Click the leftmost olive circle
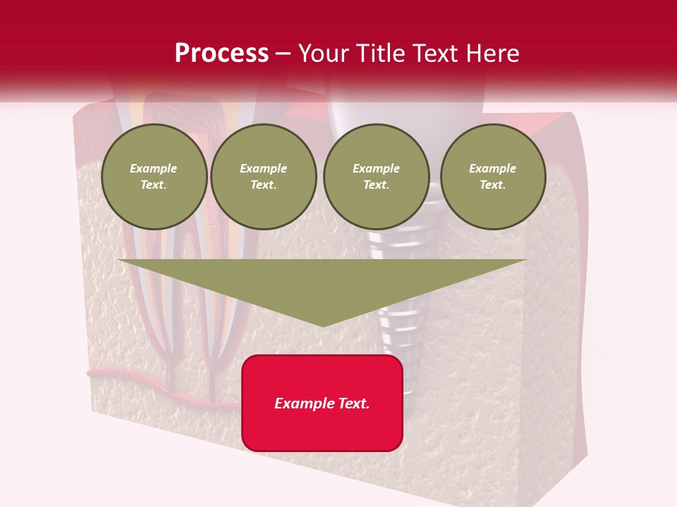tap(154, 177)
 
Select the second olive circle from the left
tap(264, 177)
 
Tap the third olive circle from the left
tap(377, 177)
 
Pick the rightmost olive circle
tap(493, 177)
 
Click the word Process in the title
tap(221, 53)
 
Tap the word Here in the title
tap(494, 54)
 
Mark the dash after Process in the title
tap(283, 54)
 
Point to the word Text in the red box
tap(355, 403)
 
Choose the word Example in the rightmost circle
tap(493, 168)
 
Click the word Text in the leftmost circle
tap(153, 185)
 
